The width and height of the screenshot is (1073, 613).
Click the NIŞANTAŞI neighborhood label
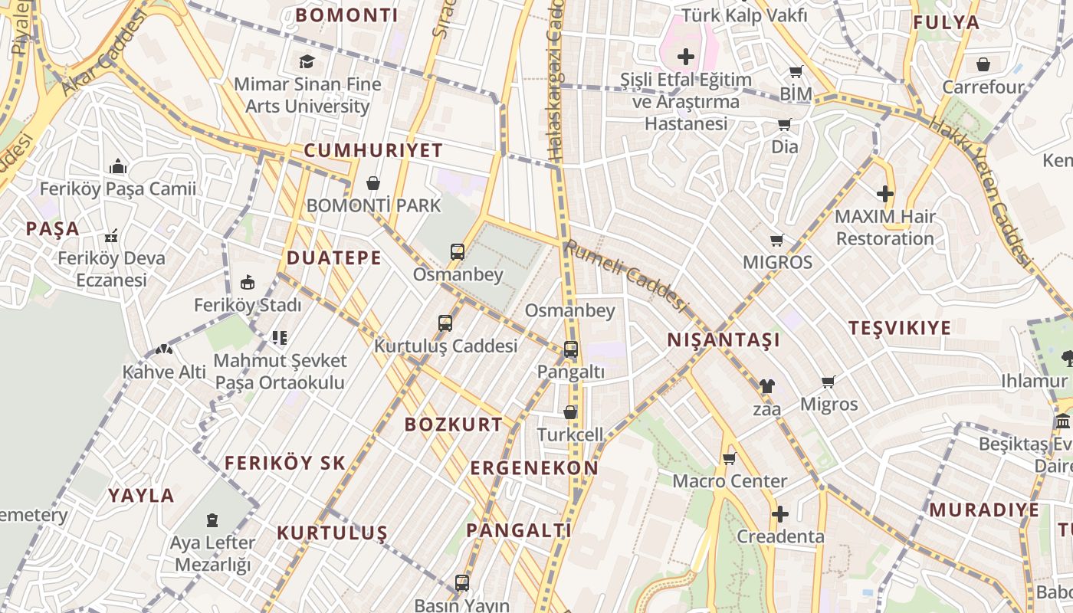click(x=724, y=340)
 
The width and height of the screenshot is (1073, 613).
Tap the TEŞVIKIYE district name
click(x=900, y=328)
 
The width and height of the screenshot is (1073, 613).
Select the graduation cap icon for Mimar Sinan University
click(x=307, y=61)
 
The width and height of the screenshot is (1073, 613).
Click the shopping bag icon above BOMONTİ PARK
click(x=373, y=183)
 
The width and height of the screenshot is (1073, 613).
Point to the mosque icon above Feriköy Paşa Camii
click(x=118, y=166)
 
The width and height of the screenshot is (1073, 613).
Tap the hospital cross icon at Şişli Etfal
click(x=686, y=57)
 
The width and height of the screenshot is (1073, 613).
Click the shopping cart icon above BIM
click(x=796, y=72)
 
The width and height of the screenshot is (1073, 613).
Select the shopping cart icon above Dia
click(x=784, y=125)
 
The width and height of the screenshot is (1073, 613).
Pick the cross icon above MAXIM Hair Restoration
click(x=885, y=194)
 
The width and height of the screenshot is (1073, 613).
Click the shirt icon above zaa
click(x=766, y=386)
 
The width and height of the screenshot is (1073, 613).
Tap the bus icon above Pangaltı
click(x=570, y=349)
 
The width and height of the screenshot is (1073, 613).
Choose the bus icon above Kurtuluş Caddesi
click(x=445, y=323)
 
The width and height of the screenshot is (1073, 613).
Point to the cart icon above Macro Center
click(x=729, y=459)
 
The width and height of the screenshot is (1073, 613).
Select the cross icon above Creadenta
click(x=780, y=514)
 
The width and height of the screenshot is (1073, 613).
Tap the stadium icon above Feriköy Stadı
click(x=248, y=283)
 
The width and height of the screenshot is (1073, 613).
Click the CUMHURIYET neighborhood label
click(x=373, y=150)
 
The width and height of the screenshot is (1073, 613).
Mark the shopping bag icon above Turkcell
click(x=570, y=412)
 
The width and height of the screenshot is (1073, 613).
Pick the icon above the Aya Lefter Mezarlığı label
click(x=212, y=520)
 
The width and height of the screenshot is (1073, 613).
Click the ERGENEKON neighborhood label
click(x=534, y=468)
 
